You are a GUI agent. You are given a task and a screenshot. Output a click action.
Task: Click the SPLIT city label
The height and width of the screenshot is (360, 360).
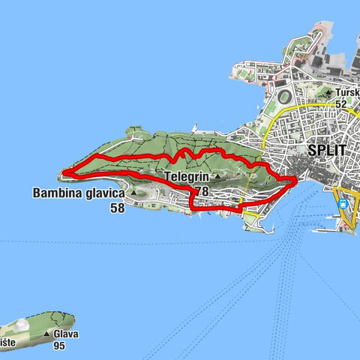point(327,150)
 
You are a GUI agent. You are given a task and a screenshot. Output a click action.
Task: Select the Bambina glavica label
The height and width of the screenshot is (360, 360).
point(78,193)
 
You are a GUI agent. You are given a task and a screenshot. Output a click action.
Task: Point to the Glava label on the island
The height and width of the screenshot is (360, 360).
point(65,334)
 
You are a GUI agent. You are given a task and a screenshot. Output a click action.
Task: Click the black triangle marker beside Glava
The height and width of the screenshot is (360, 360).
point(47,334)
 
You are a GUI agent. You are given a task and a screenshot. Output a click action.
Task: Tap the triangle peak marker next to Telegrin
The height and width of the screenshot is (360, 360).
point(217,178)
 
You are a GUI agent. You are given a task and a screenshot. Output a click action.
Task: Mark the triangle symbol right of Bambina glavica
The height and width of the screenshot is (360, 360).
point(133,193)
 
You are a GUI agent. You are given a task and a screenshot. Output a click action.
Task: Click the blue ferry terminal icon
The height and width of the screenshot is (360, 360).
point(343,205)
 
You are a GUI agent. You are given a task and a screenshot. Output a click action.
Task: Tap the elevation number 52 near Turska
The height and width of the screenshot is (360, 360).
point(342,103)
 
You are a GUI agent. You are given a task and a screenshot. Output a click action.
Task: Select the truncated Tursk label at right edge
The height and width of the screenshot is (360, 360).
point(347,92)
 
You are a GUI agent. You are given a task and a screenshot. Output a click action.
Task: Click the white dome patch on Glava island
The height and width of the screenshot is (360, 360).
point(22,325)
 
